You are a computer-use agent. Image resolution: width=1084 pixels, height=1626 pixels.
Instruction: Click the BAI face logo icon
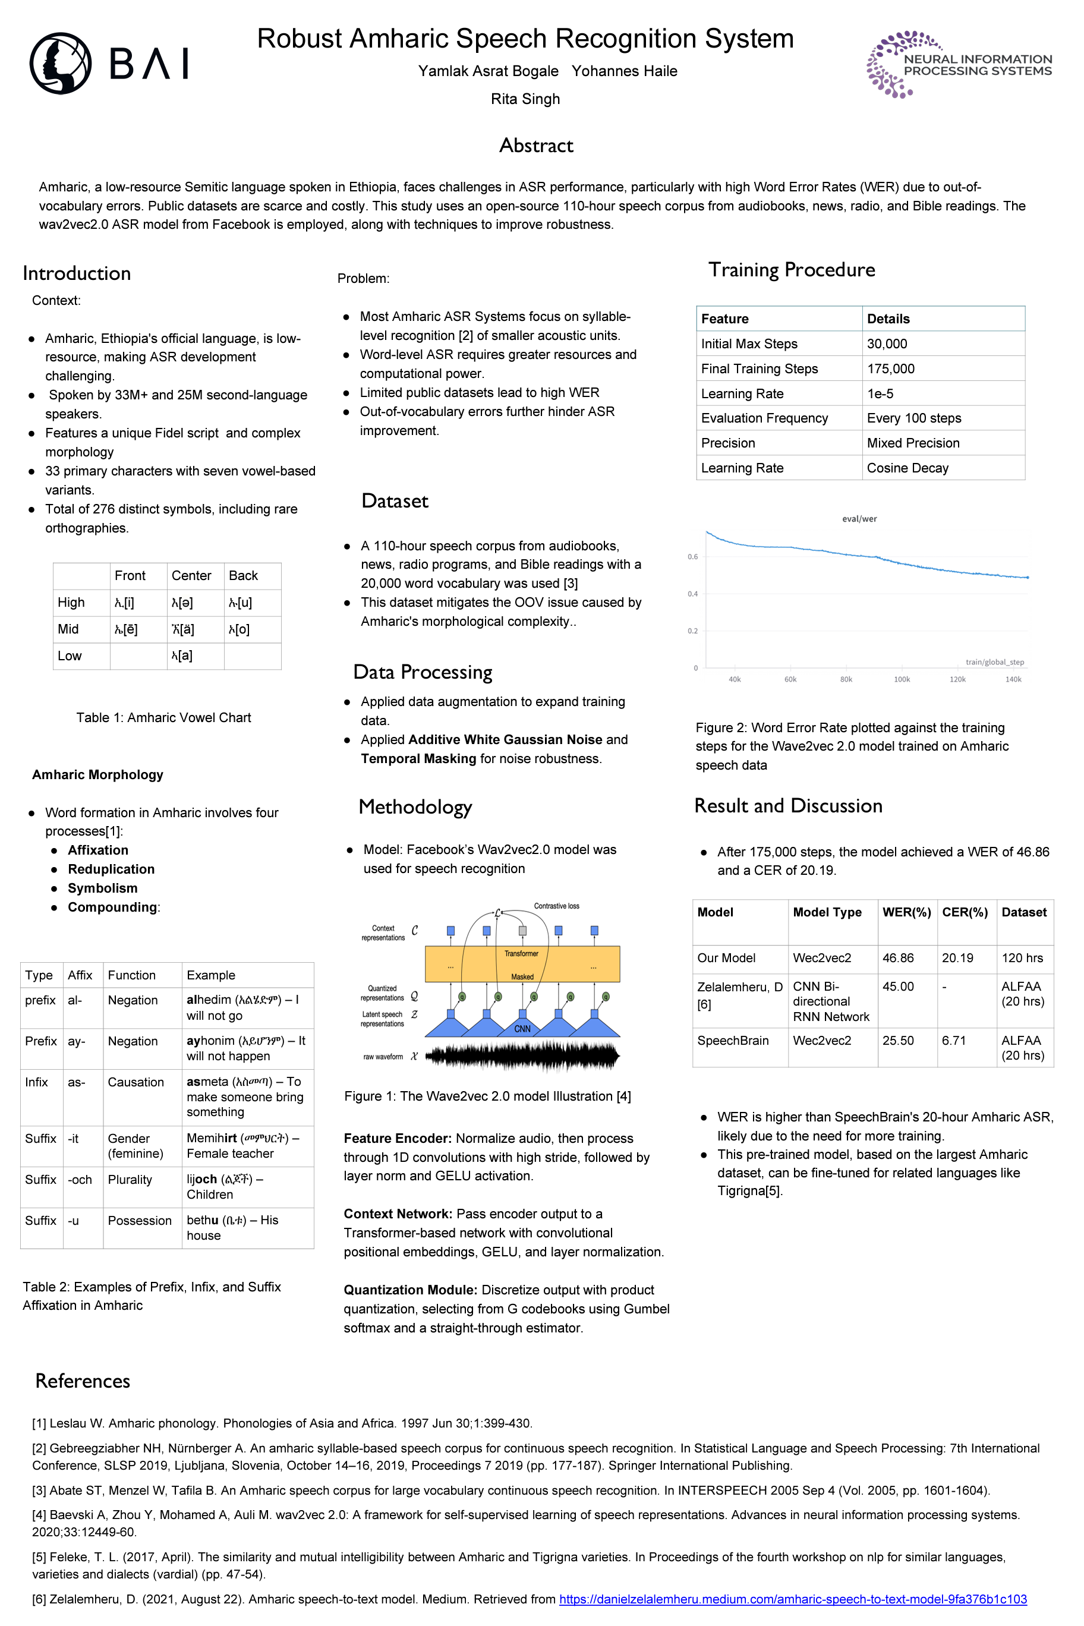coord(60,63)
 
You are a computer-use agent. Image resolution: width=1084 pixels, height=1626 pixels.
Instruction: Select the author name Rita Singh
coord(525,99)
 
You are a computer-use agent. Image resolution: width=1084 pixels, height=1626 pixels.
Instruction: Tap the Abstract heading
coord(536,145)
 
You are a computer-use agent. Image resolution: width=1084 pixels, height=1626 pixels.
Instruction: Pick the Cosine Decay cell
coord(907,468)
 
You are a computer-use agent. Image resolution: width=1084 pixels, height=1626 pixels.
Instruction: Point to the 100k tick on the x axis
coord(902,679)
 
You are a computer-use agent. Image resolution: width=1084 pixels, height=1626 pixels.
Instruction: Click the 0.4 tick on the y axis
coord(692,594)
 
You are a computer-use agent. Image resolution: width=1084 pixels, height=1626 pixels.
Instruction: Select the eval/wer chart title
coord(859,518)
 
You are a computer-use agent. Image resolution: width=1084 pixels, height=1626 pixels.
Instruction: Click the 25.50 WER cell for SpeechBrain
coord(897,1041)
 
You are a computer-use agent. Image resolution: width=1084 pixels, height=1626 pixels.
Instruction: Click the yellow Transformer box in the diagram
coord(521,963)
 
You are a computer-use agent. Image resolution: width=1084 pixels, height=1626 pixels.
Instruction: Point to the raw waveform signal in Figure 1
coord(521,1056)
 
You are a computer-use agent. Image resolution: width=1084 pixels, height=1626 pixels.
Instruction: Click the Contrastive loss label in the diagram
coord(556,906)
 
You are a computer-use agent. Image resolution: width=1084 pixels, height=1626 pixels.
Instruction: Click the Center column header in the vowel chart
coord(191,576)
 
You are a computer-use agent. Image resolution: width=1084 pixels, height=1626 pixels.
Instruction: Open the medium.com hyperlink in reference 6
coord(792,1599)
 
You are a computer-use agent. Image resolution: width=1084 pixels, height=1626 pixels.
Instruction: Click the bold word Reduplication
coord(111,869)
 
